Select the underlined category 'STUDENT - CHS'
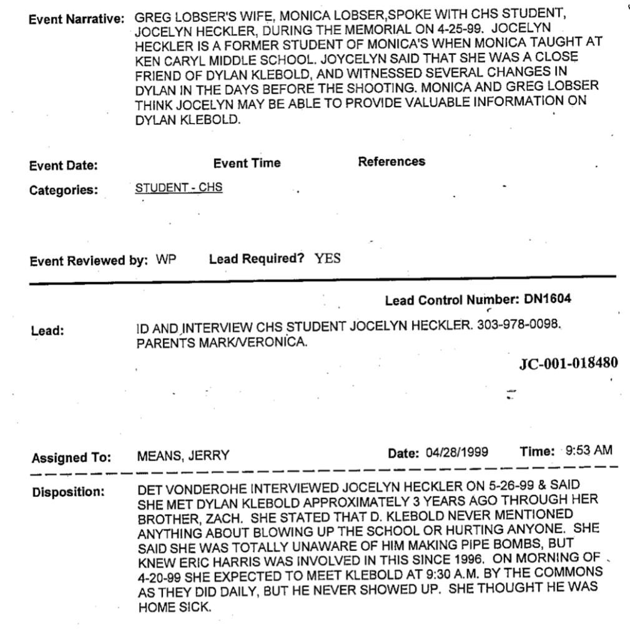[x=179, y=188]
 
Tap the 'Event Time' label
[x=247, y=163]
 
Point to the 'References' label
[x=391, y=162]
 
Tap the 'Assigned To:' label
[x=71, y=458]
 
